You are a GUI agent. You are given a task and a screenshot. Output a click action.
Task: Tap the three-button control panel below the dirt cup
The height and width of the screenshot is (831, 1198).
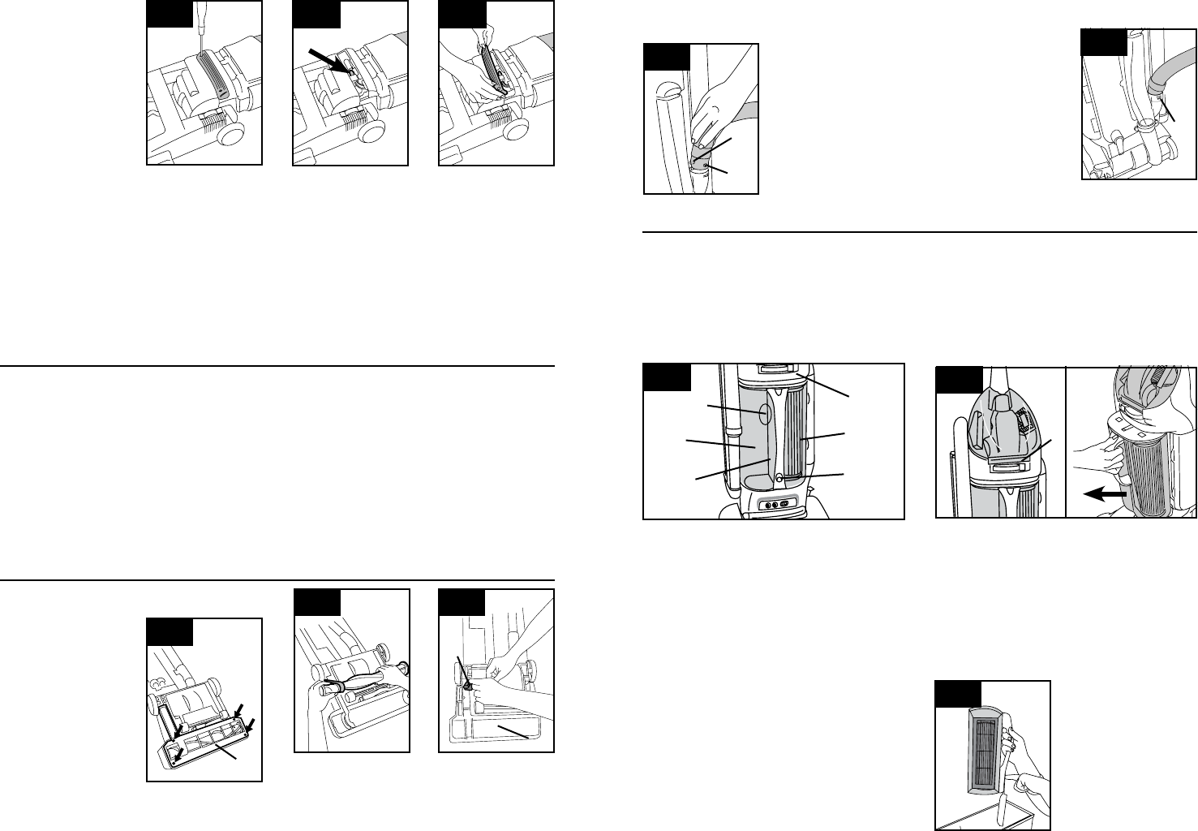click(x=773, y=505)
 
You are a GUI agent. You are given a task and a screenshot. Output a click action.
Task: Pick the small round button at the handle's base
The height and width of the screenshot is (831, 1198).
click(x=778, y=479)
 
